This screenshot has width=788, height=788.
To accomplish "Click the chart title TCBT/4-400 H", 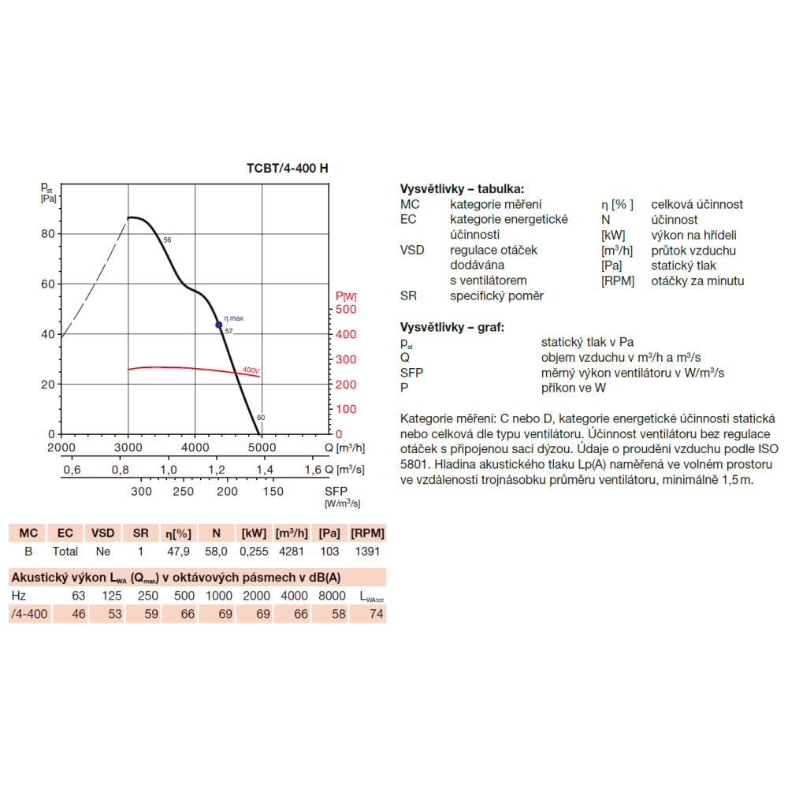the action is pos(287,169).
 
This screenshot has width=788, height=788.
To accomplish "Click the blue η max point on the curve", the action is pos(218,325).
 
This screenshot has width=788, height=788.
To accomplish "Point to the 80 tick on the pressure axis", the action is pos(48,234).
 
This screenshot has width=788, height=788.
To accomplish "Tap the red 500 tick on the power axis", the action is pos(346,309).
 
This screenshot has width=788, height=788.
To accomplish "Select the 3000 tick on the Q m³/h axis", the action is pos(128,448).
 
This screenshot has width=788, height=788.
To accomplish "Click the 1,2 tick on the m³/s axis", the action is pos(217,470).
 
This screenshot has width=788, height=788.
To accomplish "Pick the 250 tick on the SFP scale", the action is pos(183,492).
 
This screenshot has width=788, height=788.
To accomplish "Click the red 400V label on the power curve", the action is pos(251,370).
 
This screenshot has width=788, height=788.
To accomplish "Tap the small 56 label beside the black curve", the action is pos(167,240).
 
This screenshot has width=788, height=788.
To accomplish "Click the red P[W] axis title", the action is pos(346,296).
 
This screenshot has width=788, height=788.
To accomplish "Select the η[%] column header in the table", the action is pos(178,533).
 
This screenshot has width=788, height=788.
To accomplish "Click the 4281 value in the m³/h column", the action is pos(292,552).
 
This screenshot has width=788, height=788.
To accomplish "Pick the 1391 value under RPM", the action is pos(367,552).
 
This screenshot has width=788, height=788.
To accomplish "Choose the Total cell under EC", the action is pos(65,552).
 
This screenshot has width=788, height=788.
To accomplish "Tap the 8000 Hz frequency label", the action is pos(332,596).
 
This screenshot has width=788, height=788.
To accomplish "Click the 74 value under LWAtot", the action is pos(376,614).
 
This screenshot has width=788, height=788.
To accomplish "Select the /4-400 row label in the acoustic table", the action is pos(29,614).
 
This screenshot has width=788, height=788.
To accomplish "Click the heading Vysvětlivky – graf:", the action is pos(452,327).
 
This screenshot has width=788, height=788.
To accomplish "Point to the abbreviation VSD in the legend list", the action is pos(412,250).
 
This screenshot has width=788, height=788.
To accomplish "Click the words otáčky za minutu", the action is pos(697,281).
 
